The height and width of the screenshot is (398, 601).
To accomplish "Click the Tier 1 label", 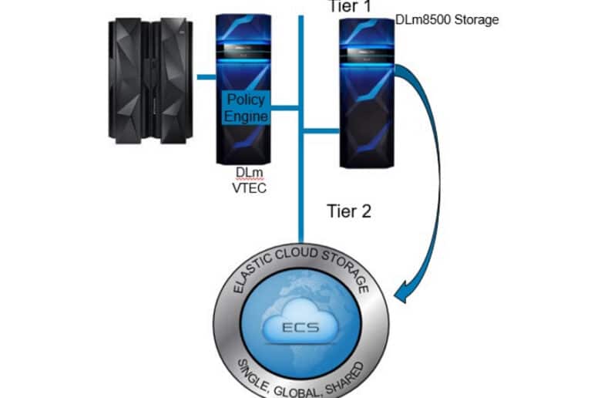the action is pos(350,6).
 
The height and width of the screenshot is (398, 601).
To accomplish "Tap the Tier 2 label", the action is pos(349,211).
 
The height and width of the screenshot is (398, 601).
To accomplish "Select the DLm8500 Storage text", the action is pos(447,19).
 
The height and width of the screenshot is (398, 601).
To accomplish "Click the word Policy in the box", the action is pos(246,99).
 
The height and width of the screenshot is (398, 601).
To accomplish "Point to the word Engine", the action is pos(246,116).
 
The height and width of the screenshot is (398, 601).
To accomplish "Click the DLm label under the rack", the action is pos(250,172).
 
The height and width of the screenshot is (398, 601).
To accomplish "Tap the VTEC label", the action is pos(249,188).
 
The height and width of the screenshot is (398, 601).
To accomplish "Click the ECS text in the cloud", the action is pos(300,327).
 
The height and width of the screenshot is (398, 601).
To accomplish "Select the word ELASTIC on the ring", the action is pos(251,274).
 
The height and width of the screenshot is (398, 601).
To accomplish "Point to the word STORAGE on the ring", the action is pos(346,271).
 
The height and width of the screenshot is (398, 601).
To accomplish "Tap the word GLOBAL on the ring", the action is pos(296,392).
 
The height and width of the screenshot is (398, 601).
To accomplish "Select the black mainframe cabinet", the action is pos(150,81).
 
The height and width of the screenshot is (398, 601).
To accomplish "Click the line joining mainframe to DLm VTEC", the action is pos(206,77).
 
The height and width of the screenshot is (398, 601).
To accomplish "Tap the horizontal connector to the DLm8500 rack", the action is pos(321,131).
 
